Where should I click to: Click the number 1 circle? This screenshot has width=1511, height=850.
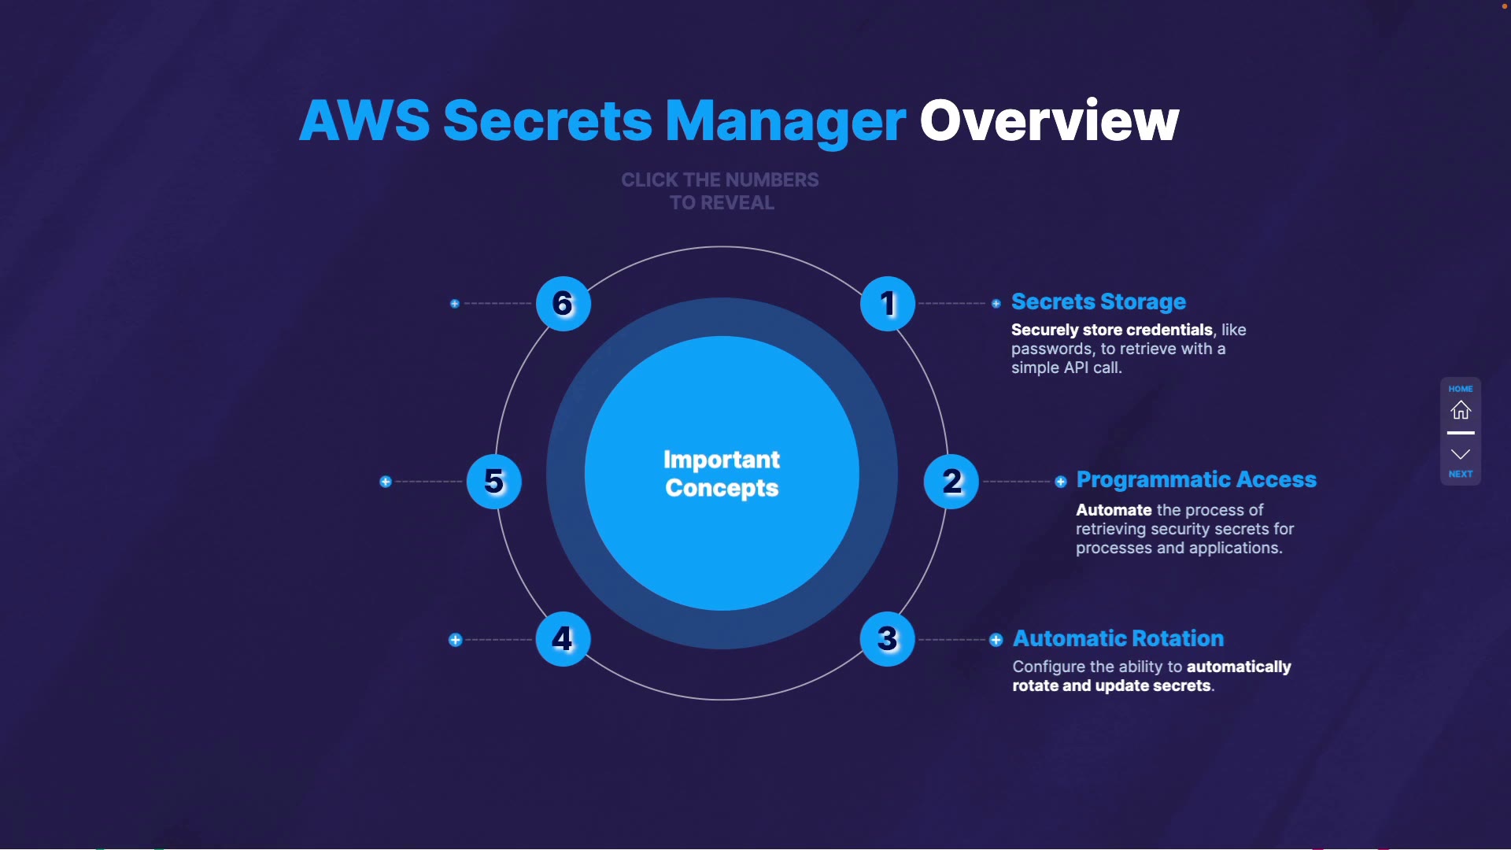pyautogui.click(x=888, y=304)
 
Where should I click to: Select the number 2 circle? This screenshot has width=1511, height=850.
pyautogui.click(x=951, y=482)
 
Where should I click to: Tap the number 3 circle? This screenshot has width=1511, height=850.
pyautogui.click(x=888, y=639)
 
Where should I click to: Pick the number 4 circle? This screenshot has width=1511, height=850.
pyautogui.click(x=563, y=639)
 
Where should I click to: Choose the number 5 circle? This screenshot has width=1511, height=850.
pyautogui.click(x=494, y=482)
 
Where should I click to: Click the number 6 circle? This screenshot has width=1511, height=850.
pyautogui.click(x=563, y=304)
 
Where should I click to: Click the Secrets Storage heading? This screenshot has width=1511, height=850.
pyautogui.click(x=1098, y=302)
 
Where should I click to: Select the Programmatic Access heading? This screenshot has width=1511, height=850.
pyautogui.click(x=1195, y=480)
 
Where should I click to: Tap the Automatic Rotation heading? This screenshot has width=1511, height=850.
pyautogui.click(x=1118, y=638)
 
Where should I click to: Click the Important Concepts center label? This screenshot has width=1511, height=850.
pyautogui.click(x=722, y=474)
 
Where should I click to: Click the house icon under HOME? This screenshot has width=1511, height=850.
pyautogui.click(x=1461, y=410)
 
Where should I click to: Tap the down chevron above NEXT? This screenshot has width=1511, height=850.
pyautogui.click(x=1461, y=454)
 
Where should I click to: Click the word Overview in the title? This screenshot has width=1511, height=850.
pyautogui.click(x=1049, y=121)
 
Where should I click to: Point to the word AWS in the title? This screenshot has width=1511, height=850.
pyautogui.click(x=364, y=121)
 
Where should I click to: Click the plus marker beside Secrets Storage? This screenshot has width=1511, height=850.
pyautogui.click(x=996, y=304)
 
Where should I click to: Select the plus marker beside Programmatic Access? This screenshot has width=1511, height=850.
pyautogui.click(x=1061, y=482)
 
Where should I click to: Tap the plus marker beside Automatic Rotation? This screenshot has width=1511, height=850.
pyautogui.click(x=996, y=640)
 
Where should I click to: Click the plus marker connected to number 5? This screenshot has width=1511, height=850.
pyautogui.click(x=386, y=482)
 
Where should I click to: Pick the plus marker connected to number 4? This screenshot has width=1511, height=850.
pyautogui.click(x=455, y=640)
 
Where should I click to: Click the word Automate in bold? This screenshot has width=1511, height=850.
pyautogui.click(x=1114, y=510)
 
